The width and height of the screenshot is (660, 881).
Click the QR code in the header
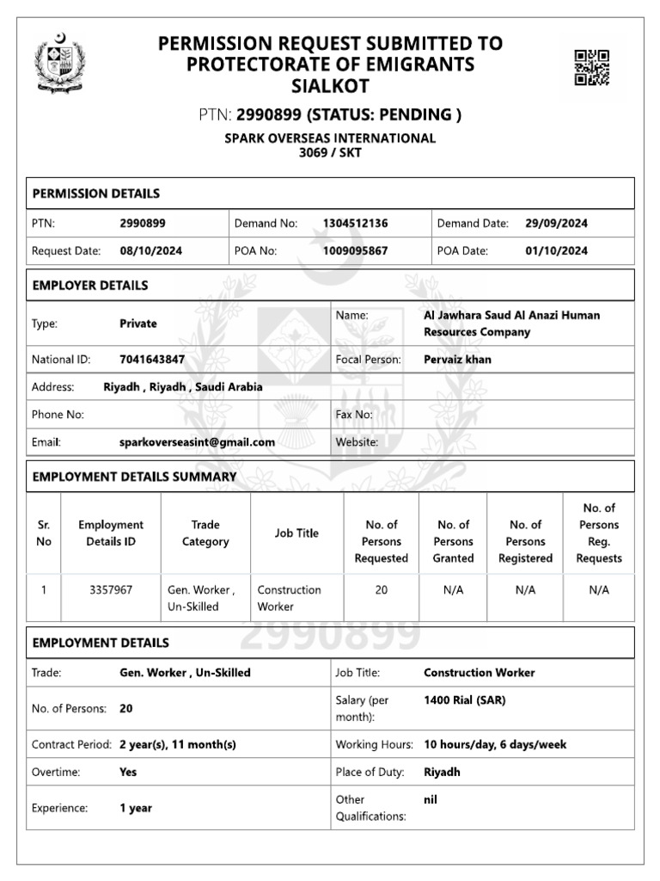tap(592, 68)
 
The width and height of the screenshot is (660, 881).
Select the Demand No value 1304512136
tap(355, 224)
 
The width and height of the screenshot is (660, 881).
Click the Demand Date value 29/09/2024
tap(556, 224)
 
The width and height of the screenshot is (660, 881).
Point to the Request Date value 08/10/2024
tap(150, 251)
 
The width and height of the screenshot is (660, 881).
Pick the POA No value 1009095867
tap(355, 251)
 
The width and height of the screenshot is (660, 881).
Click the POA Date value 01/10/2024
tap(556, 251)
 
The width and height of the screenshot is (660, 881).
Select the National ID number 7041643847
tap(152, 360)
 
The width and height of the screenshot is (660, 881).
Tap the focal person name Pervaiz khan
tap(457, 360)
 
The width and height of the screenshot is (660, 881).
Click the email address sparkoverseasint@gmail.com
tap(197, 442)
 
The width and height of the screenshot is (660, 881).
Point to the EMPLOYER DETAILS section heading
tap(89, 286)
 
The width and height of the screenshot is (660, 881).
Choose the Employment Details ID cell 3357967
tap(111, 590)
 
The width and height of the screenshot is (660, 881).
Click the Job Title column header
tap(296, 533)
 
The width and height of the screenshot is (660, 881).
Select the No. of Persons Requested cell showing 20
tap(381, 590)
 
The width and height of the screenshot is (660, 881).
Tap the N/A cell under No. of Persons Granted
tap(453, 590)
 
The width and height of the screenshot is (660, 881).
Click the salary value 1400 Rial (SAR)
tap(464, 700)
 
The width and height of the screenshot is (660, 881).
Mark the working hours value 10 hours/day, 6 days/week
tap(495, 744)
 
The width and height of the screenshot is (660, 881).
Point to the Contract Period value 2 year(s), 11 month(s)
tap(177, 744)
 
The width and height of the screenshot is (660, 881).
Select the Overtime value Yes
tap(128, 772)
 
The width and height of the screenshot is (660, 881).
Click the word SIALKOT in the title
tap(330, 86)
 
